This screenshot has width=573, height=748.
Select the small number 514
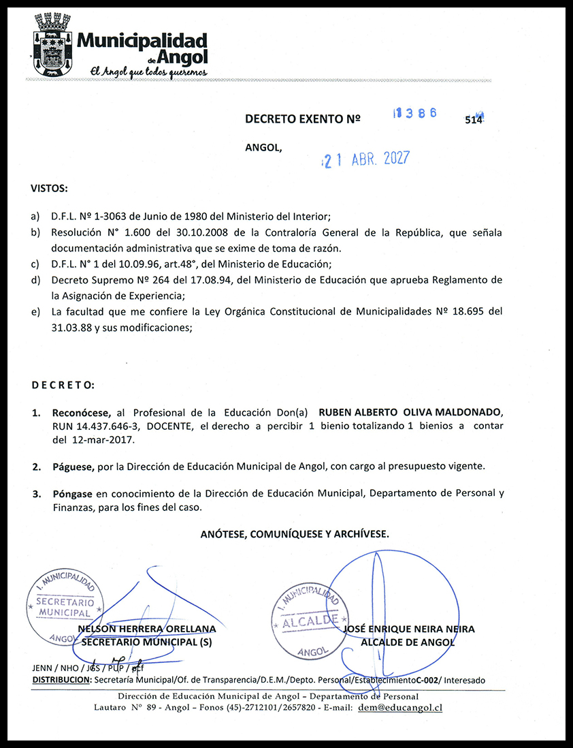(x=474, y=119)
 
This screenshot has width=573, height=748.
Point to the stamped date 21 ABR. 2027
(x=366, y=159)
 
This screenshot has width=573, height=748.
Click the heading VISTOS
(x=49, y=187)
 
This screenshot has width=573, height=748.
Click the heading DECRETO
(x=63, y=385)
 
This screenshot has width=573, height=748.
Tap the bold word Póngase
(x=73, y=493)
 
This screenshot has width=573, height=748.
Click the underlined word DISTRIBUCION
(x=61, y=680)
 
